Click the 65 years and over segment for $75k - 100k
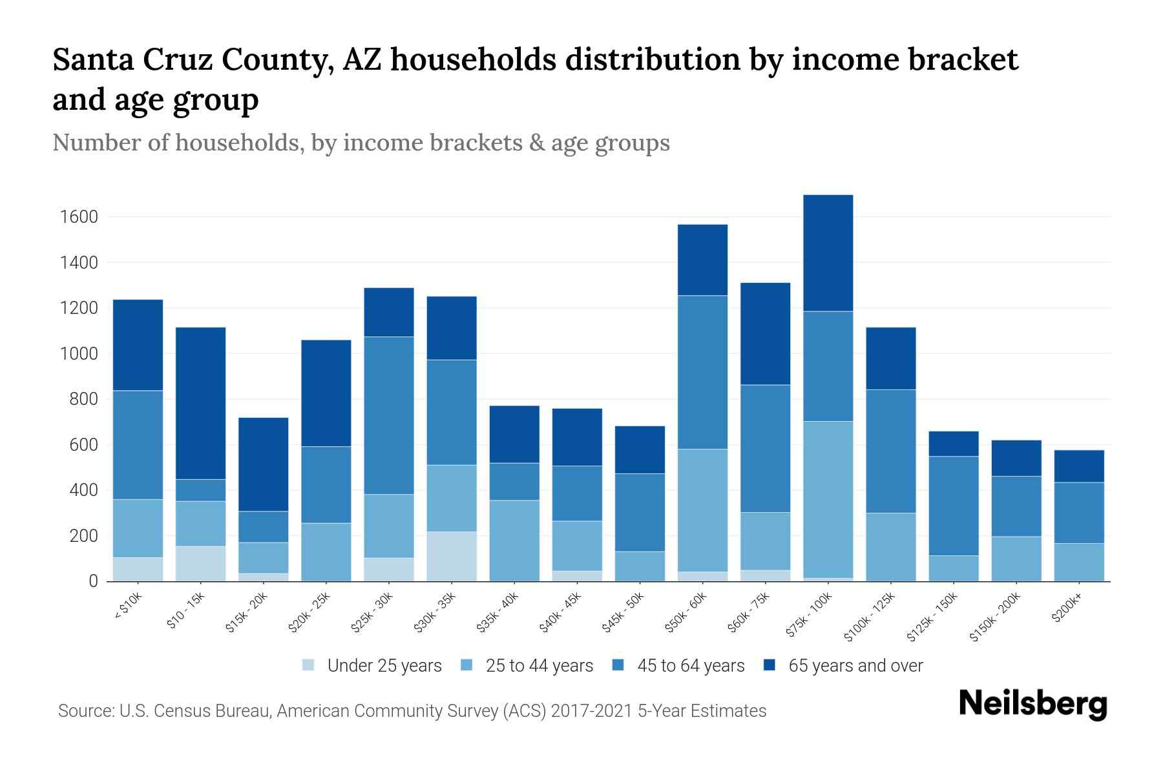pyautogui.click(x=828, y=253)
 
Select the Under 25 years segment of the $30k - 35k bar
pyautogui.click(x=452, y=556)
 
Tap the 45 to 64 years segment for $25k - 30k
pyautogui.click(x=389, y=415)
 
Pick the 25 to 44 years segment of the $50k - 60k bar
pyautogui.click(x=702, y=510)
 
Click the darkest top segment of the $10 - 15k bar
pyautogui.click(x=201, y=403)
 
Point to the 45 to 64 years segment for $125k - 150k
pyautogui.click(x=954, y=506)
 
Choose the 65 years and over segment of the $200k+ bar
pyautogui.click(x=1079, y=466)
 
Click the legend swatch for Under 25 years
pyautogui.click(x=309, y=665)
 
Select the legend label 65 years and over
pyautogui.click(x=855, y=666)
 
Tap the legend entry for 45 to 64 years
pyautogui.click(x=690, y=666)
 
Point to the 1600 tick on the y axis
pyautogui.click(x=79, y=217)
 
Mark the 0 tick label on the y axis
pyautogui.click(x=93, y=581)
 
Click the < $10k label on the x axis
pyautogui.click(x=129, y=607)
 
